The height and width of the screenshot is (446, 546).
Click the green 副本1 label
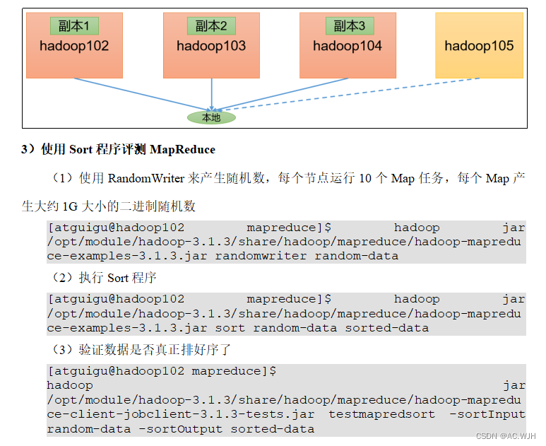(74, 26)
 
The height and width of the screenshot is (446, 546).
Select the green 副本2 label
(211, 26)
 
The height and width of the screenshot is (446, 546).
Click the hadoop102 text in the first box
(74, 47)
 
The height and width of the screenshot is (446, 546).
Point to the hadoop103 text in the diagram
(211, 47)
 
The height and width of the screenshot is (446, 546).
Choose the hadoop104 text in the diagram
(348, 47)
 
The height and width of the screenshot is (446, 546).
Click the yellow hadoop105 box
(479, 47)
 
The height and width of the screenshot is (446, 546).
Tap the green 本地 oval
(211, 117)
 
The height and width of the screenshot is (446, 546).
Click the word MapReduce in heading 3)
(182, 150)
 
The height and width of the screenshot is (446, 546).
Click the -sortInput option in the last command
(488, 414)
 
